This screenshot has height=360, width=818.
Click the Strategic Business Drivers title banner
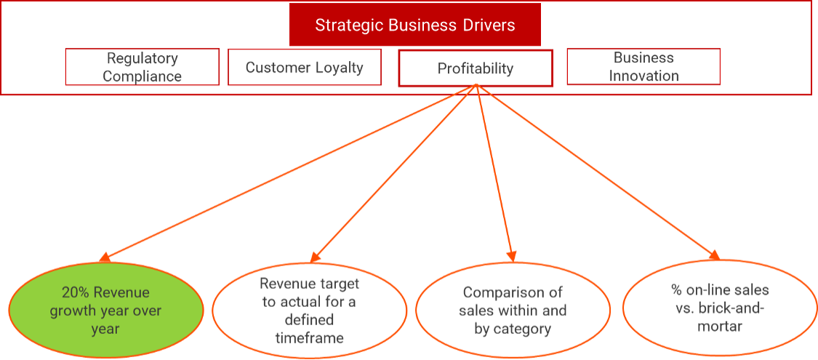(x=414, y=25)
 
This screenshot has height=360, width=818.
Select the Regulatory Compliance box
(x=142, y=67)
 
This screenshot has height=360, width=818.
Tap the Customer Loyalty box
(x=304, y=68)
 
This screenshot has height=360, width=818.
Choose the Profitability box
(x=476, y=68)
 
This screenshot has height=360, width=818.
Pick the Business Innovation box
(x=643, y=67)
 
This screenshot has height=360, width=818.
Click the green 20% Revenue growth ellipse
(x=106, y=311)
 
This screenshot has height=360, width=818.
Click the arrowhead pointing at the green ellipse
(x=105, y=257)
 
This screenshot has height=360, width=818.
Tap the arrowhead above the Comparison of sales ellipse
(x=512, y=255)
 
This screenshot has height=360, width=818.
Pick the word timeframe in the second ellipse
(x=309, y=337)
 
